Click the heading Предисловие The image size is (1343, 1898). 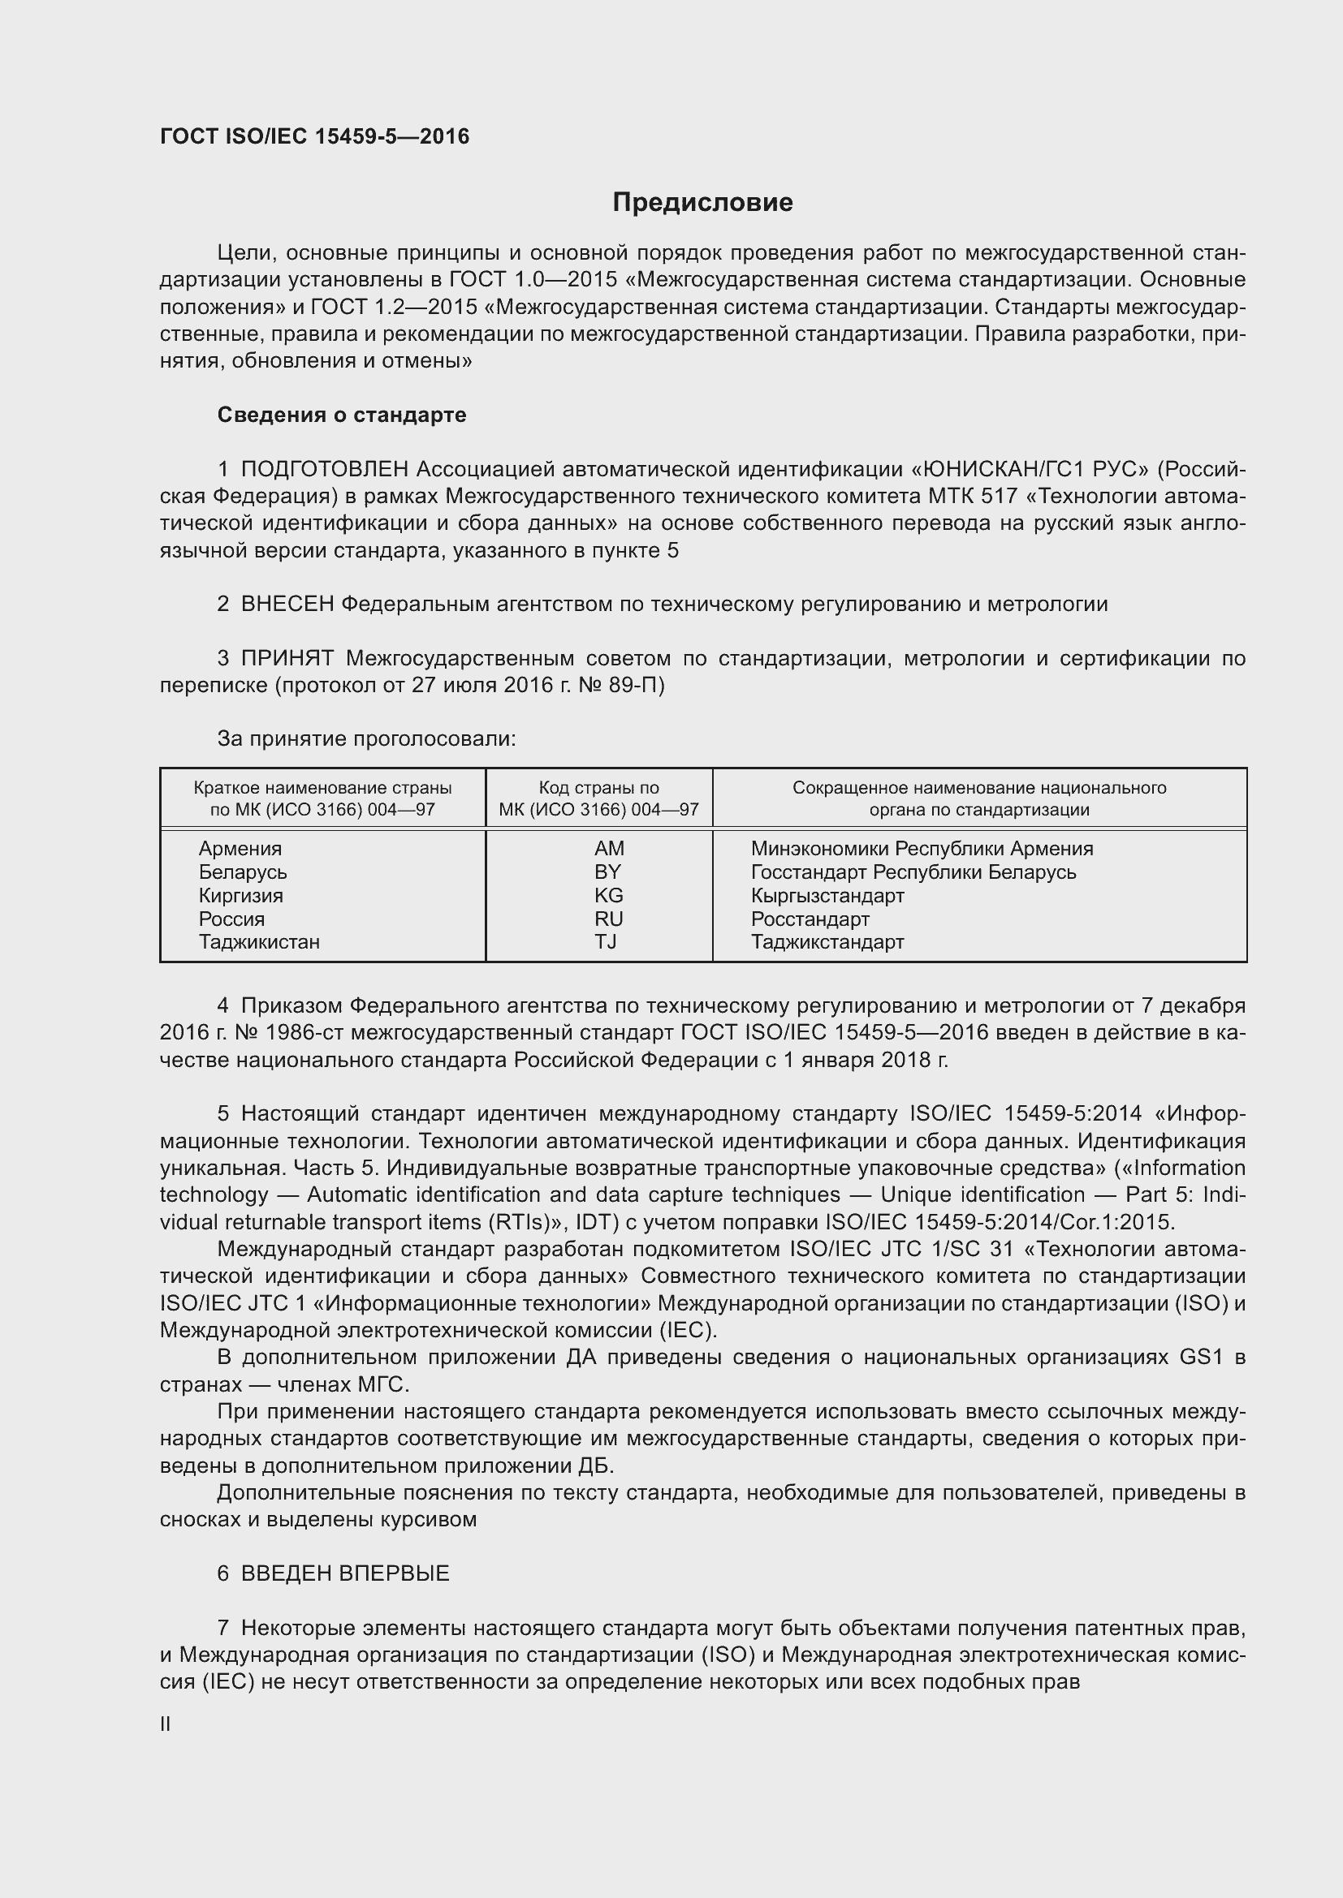(702, 203)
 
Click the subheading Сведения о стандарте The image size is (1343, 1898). (342, 415)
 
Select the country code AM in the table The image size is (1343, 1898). (609, 848)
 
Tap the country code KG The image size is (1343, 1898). (609, 895)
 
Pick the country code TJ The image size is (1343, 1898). (606, 941)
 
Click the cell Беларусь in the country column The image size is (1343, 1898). (242, 872)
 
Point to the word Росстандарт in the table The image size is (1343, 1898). (810, 919)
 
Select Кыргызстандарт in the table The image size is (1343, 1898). (827, 895)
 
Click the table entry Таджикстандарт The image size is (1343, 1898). (827, 941)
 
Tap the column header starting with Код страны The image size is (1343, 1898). (598, 798)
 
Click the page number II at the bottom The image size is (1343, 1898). (166, 1724)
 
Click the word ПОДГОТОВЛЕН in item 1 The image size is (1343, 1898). (324, 470)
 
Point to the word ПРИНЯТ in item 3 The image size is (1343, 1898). (287, 659)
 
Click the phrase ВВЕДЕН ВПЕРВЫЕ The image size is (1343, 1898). (345, 1573)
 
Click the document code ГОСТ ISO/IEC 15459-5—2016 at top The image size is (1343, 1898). (314, 136)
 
